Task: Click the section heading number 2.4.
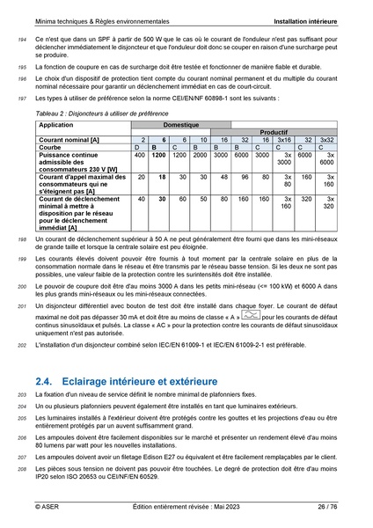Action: [45, 381]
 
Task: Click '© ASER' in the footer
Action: [48, 507]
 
